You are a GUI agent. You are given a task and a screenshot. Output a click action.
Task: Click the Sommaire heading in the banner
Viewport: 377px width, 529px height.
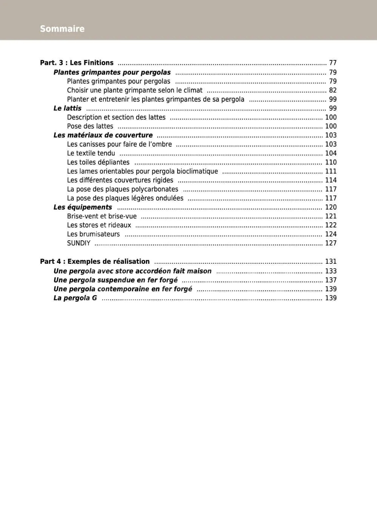pos(62,29)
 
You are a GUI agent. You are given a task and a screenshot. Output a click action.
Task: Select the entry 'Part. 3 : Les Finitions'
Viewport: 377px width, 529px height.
pos(77,63)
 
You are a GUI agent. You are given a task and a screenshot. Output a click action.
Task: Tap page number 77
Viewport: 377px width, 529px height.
pos(333,63)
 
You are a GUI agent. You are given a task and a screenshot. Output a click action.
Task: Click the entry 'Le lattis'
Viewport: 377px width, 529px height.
pos(67,108)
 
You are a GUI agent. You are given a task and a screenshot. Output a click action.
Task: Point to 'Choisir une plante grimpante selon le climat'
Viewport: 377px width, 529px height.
pos(135,90)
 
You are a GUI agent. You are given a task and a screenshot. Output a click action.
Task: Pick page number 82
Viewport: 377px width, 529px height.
pos(333,90)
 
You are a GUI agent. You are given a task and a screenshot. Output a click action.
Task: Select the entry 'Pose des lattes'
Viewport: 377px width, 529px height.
pos(90,126)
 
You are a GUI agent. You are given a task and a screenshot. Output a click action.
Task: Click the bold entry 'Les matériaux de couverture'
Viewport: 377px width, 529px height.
pos(103,135)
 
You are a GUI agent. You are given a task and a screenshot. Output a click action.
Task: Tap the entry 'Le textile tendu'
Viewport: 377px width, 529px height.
pos(91,153)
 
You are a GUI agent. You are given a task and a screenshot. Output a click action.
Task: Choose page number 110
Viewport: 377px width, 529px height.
pos(331,162)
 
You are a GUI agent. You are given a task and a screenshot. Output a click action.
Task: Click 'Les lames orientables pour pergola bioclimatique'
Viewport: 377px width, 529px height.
pos(142,171)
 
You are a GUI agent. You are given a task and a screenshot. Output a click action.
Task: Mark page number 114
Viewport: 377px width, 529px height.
pos(331,180)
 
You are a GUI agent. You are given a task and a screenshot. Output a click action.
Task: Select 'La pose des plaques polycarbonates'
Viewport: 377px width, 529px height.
pos(123,189)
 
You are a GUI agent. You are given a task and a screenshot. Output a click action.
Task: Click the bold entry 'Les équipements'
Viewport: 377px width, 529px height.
pos(83,207)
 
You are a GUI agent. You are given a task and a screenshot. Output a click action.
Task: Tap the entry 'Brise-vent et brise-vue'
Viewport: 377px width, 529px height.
pos(102,216)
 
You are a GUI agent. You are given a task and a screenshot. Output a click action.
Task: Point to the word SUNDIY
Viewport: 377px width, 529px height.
pos(78,243)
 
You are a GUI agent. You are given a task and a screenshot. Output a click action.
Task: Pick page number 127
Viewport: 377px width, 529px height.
pos(331,243)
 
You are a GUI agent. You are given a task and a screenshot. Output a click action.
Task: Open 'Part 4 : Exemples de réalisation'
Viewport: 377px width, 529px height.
pos(95,261)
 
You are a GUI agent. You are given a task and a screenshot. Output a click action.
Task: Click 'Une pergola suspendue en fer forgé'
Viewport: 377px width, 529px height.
pos(115,280)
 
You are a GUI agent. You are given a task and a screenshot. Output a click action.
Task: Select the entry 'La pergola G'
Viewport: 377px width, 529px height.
pos(75,298)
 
